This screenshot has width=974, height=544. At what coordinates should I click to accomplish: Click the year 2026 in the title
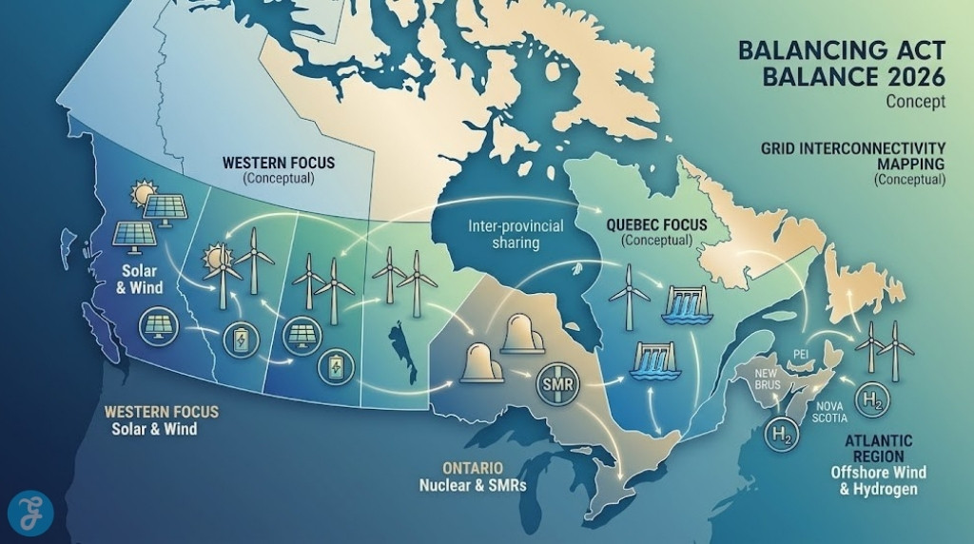pos(907,77)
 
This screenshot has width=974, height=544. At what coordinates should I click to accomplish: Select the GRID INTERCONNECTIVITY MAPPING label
pos(853,156)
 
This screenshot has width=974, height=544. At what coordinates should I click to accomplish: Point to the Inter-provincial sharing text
pos(516,234)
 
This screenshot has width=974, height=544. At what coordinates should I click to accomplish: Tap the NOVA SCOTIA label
pos(830,411)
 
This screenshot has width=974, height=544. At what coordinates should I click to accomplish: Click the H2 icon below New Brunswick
pos(781,436)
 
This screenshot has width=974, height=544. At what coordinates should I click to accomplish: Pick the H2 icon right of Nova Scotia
pos(872,399)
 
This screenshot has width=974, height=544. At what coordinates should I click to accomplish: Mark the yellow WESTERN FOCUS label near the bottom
pos(161,412)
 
